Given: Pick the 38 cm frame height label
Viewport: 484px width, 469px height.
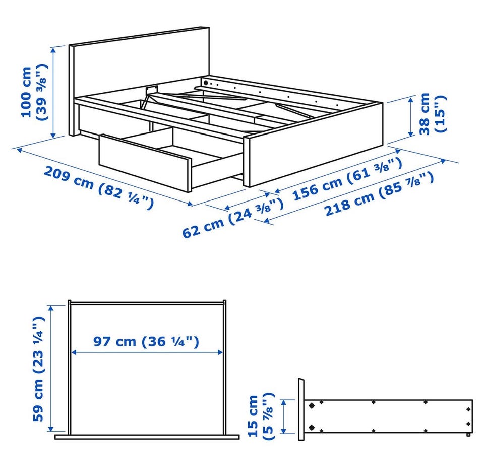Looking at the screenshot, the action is [x=433, y=114].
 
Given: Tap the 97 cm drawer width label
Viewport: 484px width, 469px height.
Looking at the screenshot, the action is [x=146, y=342].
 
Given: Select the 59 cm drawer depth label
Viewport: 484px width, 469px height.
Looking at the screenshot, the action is [x=39, y=368].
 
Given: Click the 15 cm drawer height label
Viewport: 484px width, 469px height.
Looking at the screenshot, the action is [x=261, y=416].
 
